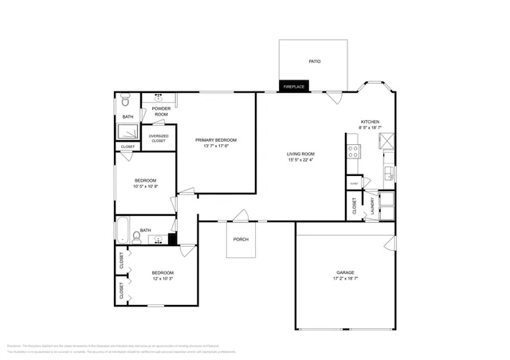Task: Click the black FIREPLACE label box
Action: click(294, 86)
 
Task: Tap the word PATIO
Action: click(314, 61)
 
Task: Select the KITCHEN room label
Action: click(370, 122)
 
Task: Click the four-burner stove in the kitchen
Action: click(353, 150)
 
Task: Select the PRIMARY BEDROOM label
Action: click(216, 140)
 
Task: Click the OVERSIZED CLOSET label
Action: click(158, 138)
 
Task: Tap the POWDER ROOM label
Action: click(161, 112)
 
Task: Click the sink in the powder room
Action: click(159, 97)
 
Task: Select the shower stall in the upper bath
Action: click(127, 131)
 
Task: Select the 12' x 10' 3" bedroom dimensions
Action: click(163, 279)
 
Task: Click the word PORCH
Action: click(241, 240)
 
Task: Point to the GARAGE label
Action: click(345, 273)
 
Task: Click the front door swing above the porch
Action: click(239, 214)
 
